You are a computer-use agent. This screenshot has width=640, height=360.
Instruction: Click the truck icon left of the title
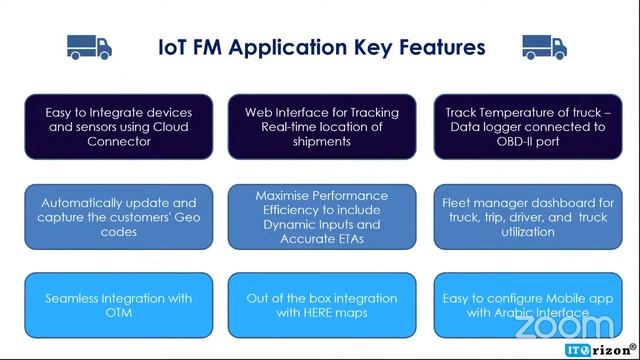89,46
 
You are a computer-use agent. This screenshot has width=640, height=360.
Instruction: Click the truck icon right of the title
544,46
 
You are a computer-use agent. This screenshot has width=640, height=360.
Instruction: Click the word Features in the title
438,47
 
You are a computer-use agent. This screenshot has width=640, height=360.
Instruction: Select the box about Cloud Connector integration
119,127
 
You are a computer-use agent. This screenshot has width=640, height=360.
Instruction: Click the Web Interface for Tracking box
321,127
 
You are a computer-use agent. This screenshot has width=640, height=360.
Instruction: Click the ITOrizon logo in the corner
597,350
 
